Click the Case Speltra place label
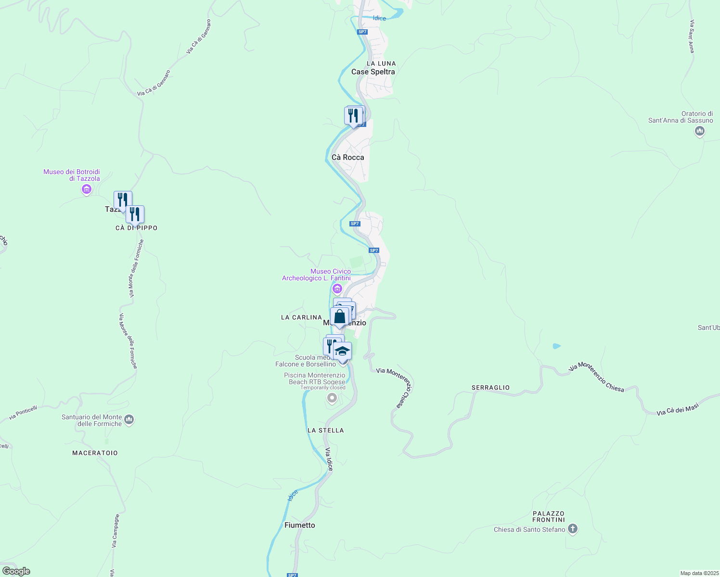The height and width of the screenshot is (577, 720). [373, 72]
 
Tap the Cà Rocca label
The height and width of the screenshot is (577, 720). [348, 157]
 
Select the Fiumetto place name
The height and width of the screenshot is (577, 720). [299, 525]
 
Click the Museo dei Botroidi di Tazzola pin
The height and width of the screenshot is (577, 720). [87, 189]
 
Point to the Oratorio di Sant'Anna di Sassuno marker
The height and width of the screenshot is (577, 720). [700, 131]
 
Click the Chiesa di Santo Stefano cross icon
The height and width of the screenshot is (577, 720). [572, 529]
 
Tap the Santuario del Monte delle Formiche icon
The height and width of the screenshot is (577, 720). [129, 420]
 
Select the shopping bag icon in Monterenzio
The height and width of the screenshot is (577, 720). [340, 317]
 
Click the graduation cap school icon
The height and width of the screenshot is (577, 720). [342, 351]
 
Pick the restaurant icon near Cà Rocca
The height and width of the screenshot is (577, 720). [354, 116]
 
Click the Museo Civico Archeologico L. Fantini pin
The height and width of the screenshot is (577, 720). [337, 288]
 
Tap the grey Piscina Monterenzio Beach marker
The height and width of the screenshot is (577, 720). [332, 398]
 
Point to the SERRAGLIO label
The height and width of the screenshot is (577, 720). [490, 388]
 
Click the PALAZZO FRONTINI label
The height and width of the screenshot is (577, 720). [548, 516]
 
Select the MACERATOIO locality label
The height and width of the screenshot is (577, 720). [95, 453]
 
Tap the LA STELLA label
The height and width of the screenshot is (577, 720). [325, 430]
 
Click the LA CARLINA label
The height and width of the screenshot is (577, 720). [301, 317]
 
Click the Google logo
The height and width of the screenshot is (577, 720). [16, 571]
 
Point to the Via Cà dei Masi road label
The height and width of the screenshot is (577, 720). [677, 410]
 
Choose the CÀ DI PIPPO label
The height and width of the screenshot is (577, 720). [136, 228]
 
